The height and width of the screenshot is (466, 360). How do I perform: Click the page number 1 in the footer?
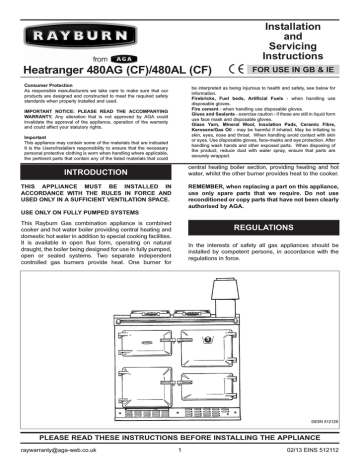coord(179,456)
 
